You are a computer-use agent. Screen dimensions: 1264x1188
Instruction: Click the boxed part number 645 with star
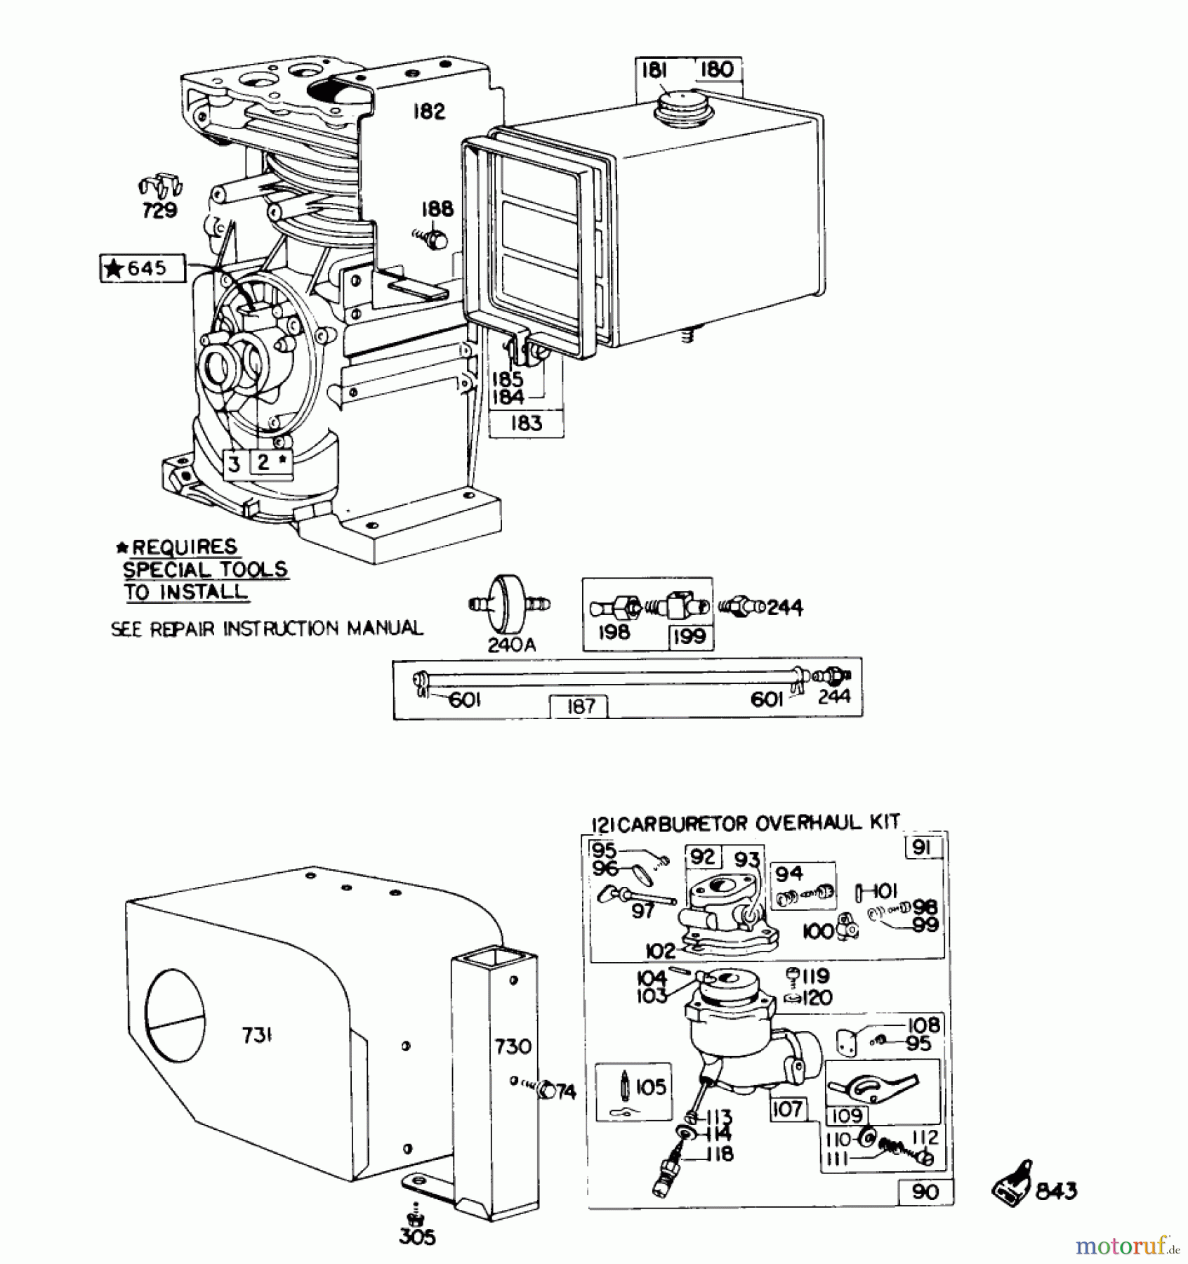click(x=143, y=268)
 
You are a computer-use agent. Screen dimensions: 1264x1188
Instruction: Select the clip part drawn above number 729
click(x=160, y=185)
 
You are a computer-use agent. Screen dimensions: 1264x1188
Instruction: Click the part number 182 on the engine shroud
click(x=428, y=111)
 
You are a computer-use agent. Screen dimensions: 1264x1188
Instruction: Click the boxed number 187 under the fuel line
click(x=579, y=706)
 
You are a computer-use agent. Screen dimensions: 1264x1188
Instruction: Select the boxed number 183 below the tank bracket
click(x=527, y=423)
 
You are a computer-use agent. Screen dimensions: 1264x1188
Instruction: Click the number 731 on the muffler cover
click(x=257, y=1035)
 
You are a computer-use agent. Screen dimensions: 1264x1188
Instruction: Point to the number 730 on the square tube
click(x=513, y=1046)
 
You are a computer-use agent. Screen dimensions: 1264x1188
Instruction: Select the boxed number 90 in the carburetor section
click(x=925, y=1192)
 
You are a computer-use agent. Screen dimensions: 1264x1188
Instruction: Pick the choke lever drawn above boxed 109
click(x=873, y=1085)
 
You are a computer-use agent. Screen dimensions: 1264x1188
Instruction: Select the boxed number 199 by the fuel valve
click(x=688, y=637)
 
